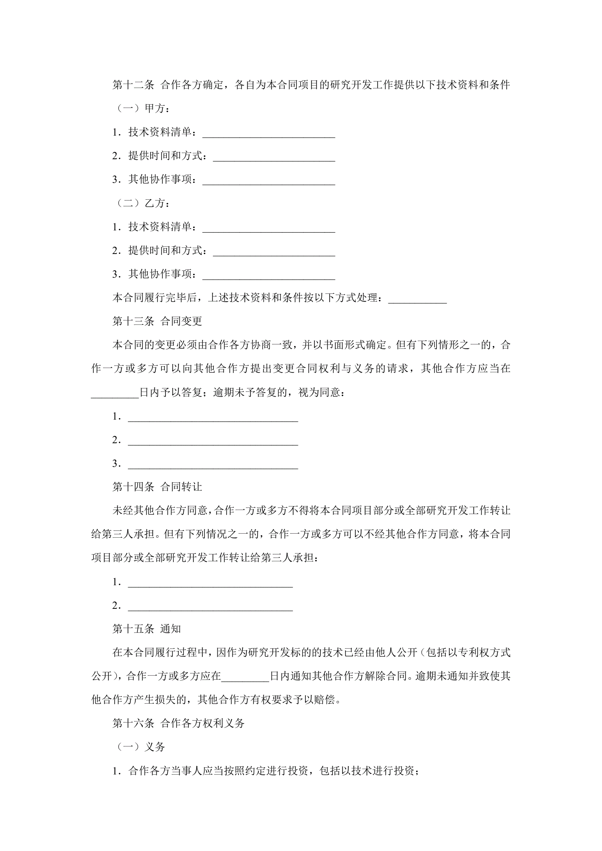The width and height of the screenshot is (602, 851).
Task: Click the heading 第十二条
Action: (x=133, y=85)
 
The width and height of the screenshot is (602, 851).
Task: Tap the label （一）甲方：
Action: (x=143, y=109)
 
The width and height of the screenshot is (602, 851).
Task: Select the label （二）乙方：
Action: (x=143, y=203)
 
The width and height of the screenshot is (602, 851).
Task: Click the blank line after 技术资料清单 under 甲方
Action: (x=268, y=134)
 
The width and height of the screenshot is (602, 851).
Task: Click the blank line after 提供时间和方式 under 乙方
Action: (x=274, y=252)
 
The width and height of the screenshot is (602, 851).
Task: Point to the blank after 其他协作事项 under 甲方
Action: (x=268, y=180)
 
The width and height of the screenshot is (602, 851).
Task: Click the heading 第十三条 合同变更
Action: (x=157, y=321)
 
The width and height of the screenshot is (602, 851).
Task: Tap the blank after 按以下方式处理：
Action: (x=418, y=299)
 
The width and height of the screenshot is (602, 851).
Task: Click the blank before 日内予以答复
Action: (x=115, y=393)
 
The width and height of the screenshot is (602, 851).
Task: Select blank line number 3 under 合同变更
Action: (x=213, y=464)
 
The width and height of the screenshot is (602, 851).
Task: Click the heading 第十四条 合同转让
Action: (x=157, y=487)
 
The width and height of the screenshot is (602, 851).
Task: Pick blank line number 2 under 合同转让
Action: (x=210, y=606)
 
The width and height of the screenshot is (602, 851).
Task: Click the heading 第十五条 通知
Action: (x=146, y=629)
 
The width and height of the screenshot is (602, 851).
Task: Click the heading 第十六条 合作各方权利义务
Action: (x=178, y=723)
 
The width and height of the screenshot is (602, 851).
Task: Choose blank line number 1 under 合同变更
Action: (x=213, y=417)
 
